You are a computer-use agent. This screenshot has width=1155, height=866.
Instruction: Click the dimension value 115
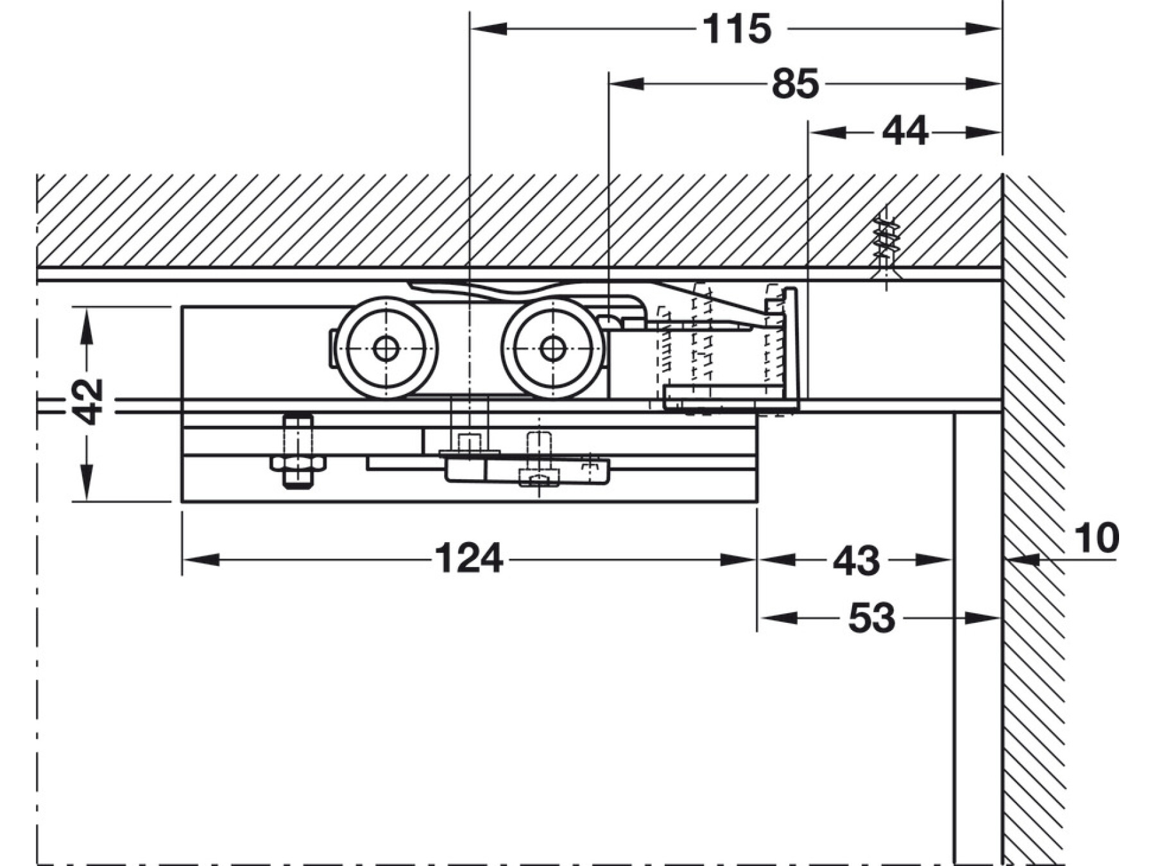pyautogui.click(x=737, y=30)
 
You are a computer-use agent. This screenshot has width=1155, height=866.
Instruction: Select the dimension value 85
pyautogui.click(x=795, y=84)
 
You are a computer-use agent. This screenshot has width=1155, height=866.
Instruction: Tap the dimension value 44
pyautogui.click(x=905, y=132)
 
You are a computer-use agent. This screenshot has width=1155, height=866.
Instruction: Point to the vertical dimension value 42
pyautogui.click(x=87, y=402)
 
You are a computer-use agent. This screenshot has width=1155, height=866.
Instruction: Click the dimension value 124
pyautogui.click(x=468, y=559)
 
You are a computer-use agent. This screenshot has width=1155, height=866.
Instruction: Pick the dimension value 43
pyautogui.click(x=856, y=561)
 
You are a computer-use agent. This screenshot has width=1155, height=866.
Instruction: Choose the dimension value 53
pyautogui.click(x=871, y=618)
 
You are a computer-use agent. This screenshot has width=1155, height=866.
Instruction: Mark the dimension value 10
pyautogui.click(x=1096, y=538)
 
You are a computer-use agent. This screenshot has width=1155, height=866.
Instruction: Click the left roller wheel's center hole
pyautogui.click(x=386, y=348)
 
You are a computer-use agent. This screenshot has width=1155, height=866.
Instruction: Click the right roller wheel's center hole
pyautogui.click(x=552, y=348)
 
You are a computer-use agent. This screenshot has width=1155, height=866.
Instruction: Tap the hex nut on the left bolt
pyautogui.click(x=298, y=463)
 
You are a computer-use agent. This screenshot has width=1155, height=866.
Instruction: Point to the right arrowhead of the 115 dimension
pyautogui.click(x=984, y=29)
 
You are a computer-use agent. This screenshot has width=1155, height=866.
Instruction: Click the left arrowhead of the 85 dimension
pyautogui.click(x=626, y=83)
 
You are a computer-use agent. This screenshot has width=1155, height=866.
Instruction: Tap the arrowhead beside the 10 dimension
pyautogui.click(x=1020, y=560)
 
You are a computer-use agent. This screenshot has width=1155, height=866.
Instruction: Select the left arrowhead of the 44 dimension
pyautogui.click(x=825, y=133)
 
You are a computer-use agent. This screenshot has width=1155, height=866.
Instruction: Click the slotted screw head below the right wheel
pyautogui.click(x=538, y=478)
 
